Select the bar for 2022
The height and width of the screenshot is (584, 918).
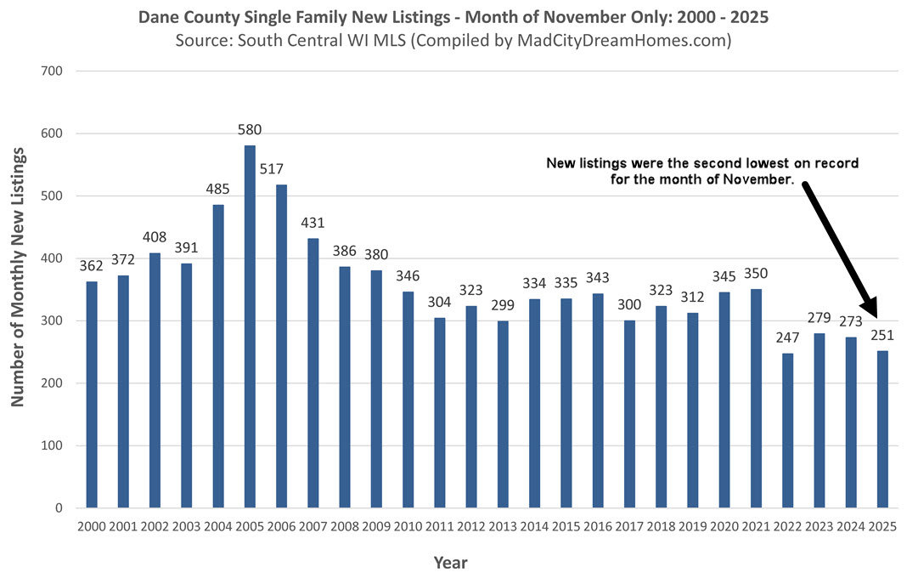[788, 430]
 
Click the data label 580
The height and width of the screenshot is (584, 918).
[250, 130]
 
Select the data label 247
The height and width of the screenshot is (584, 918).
[788, 337]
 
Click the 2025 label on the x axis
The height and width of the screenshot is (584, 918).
[883, 527]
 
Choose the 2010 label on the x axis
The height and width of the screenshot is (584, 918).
[408, 527]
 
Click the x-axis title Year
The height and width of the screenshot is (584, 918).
[450, 562]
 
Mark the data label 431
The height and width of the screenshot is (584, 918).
[313, 223]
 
